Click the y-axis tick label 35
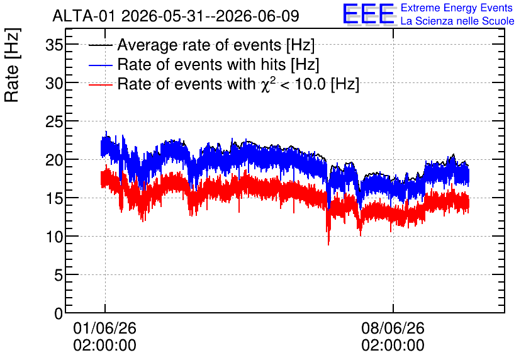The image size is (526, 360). coord(54,45)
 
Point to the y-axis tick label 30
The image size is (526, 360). coord(54,83)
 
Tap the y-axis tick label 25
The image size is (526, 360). coord(54,122)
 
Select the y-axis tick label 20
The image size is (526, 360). coord(54,160)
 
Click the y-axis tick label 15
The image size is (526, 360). coord(54,199)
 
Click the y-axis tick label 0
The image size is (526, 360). coord(59,313)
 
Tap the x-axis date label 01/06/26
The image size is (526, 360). coord(104,328)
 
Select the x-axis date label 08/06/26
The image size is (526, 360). coord(393,328)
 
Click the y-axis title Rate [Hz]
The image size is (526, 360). coord(12,65)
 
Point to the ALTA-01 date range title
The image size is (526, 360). coord(176,16)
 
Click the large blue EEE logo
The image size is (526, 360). coord(369,14)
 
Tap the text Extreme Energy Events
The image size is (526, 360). coord(457,8)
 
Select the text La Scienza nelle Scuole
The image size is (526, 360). coord(457,21)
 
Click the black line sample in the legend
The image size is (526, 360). coord(100,45)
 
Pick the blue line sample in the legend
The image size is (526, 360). coord(100,65)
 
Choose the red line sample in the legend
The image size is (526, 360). coord(100,84)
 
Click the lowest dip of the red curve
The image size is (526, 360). coord(328,244)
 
